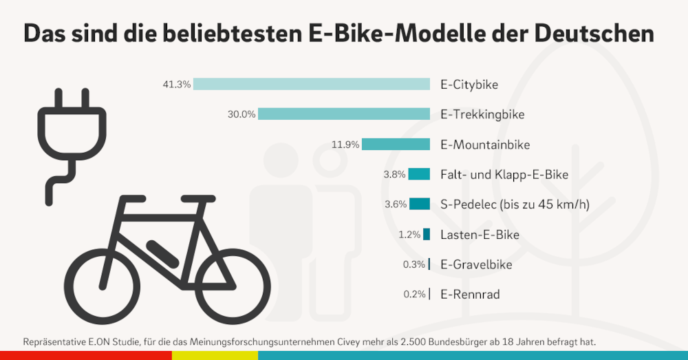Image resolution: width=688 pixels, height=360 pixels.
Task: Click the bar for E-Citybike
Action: point(312,84)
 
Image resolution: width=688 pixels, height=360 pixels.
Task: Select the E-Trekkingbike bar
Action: point(344,114)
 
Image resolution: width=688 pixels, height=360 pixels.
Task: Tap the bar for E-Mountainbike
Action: point(396,144)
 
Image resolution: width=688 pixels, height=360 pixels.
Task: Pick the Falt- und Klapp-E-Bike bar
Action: point(419,174)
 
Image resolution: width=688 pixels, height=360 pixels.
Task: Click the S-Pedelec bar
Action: point(420,204)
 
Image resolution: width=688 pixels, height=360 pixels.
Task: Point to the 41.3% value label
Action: point(176,85)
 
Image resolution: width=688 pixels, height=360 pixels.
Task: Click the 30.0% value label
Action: point(241,114)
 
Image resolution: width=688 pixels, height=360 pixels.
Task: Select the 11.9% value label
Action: point(345,145)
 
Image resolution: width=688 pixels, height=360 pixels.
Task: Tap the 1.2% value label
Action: point(409,235)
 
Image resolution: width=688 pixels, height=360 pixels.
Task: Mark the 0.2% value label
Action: point(414,295)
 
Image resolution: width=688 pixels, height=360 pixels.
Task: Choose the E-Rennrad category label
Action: point(470,295)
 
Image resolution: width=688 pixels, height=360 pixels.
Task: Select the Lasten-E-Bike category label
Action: point(480,235)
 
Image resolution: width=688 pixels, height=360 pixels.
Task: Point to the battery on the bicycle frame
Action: point(159,249)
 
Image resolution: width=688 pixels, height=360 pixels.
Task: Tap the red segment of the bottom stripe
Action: point(86,354)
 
